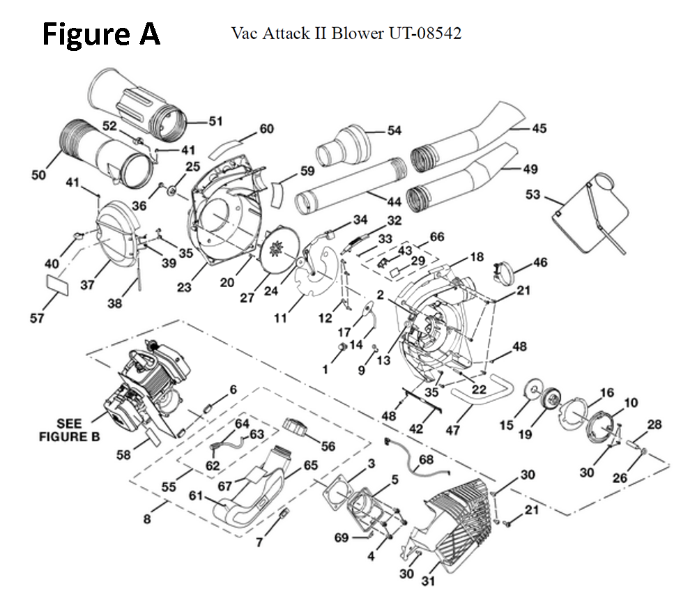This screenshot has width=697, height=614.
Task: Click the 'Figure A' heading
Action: (101, 34)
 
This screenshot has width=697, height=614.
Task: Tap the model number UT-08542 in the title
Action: (425, 33)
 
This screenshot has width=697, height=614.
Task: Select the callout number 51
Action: (215, 121)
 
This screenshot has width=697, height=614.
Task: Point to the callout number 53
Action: (533, 194)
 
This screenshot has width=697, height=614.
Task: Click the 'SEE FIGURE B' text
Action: (69, 430)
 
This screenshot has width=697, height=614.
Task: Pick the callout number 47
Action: (452, 430)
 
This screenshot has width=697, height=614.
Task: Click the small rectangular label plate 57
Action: (58, 285)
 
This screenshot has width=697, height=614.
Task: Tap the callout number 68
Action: (426, 459)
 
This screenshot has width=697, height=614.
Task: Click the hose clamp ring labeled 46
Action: (505, 272)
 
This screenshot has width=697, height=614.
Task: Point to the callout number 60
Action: (266, 128)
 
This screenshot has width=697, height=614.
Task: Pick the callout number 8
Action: (147, 519)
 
